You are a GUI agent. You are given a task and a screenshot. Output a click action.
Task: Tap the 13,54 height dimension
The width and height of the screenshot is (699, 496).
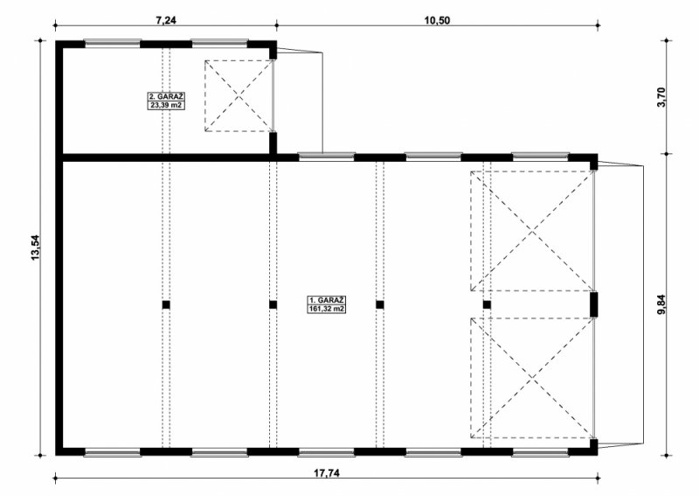point(35,248)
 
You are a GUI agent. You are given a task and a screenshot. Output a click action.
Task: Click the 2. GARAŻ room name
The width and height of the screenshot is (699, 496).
point(166,96)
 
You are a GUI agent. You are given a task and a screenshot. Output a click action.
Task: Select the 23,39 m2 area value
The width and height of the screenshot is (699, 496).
point(166,105)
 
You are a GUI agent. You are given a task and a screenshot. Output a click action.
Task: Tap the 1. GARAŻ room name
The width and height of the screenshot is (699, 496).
point(327,300)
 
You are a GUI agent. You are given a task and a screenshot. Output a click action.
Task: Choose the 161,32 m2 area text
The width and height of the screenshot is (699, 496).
point(327,309)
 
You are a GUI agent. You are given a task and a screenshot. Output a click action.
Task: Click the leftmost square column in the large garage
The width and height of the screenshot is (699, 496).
point(166,305)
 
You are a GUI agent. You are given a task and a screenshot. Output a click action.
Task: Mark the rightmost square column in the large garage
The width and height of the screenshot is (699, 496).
point(487,305)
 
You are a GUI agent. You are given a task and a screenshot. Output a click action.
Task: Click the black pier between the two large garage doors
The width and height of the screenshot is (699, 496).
point(594,304)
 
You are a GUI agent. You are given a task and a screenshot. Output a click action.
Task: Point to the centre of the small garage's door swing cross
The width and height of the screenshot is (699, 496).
point(239,96)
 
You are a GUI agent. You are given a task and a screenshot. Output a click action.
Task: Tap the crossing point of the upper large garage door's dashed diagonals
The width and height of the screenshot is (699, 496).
point(532,231)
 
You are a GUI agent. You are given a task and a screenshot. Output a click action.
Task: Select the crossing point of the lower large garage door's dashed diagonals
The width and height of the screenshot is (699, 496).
point(532,379)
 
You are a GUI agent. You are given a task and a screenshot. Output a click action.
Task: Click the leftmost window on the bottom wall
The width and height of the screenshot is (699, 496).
point(113,452)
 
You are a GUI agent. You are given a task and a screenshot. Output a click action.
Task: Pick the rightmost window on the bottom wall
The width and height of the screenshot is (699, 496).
point(540,452)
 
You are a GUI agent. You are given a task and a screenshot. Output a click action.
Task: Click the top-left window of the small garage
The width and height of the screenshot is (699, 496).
point(113,44)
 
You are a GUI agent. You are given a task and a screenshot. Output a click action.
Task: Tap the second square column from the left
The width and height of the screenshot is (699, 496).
point(273,305)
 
